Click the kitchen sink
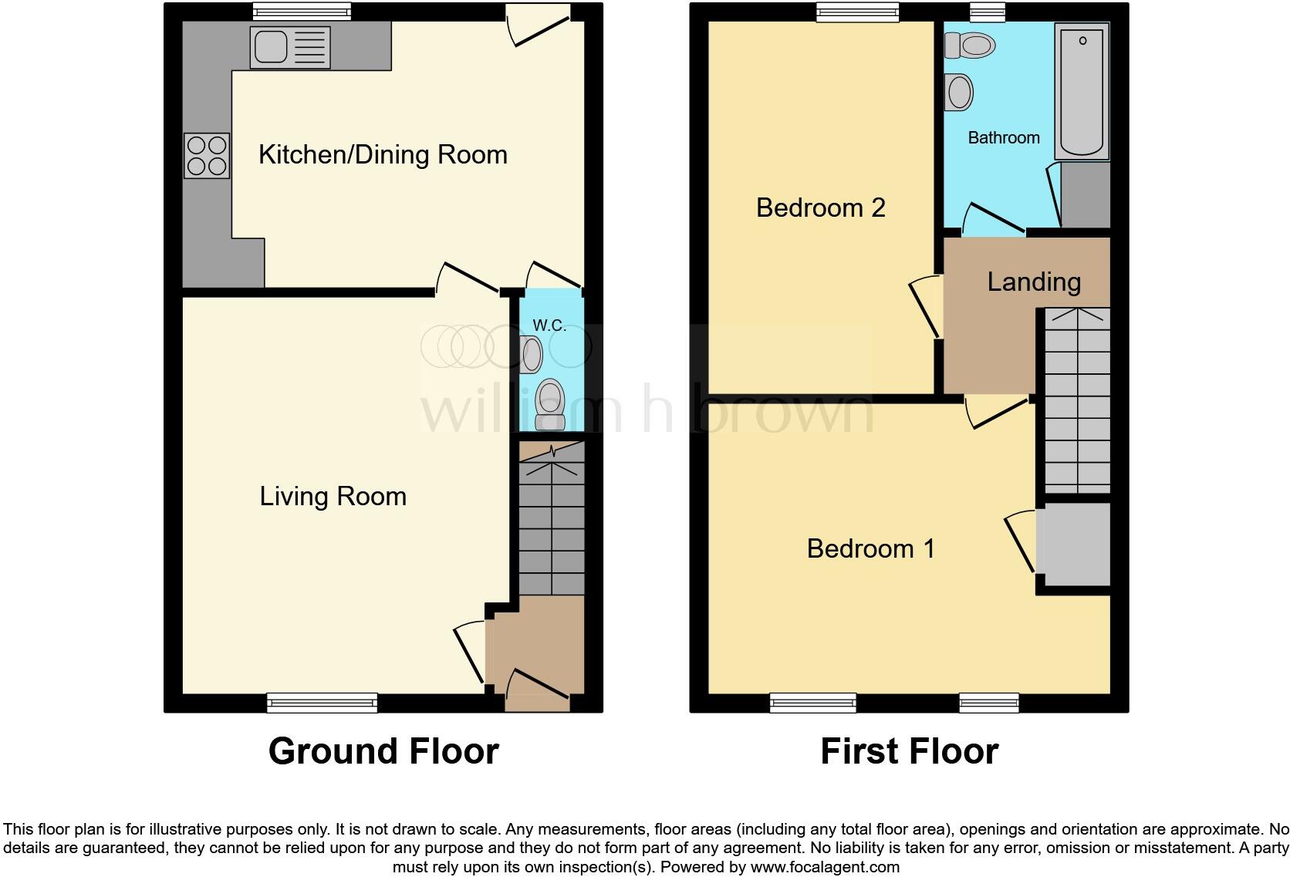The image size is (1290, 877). pyautogui.click(x=289, y=47)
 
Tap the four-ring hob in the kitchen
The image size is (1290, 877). pyautogui.click(x=207, y=156)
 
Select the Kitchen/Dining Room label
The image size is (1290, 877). pyautogui.click(x=383, y=155)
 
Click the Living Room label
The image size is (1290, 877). pyautogui.click(x=333, y=497)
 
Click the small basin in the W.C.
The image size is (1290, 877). pyautogui.click(x=532, y=355)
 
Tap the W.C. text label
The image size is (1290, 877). pyautogui.click(x=549, y=326)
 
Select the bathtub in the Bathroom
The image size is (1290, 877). pyautogui.click(x=1082, y=91)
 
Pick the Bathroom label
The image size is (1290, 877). pyautogui.click(x=1003, y=138)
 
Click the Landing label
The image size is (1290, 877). pyautogui.click(x=1033, y=282)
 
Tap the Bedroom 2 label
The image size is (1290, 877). pyautogui.click(x=820, y=208)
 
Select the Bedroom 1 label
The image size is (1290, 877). pyautogui.click(x=870, y=549)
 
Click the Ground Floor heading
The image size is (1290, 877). pyautogui.click(x=383, y=751)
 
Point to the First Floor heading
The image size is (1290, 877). pyautogui.click(x=909, y=751)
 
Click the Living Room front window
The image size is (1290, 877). pyautogui.click(x=322, y=702)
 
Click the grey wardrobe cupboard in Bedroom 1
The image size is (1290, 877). pyautogui.click(x=1073, y=545)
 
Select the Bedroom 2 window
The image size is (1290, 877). pyautogui.click(x=858, y=11)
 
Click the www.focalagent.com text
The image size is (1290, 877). pyautogui.click(x=825, y=867)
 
